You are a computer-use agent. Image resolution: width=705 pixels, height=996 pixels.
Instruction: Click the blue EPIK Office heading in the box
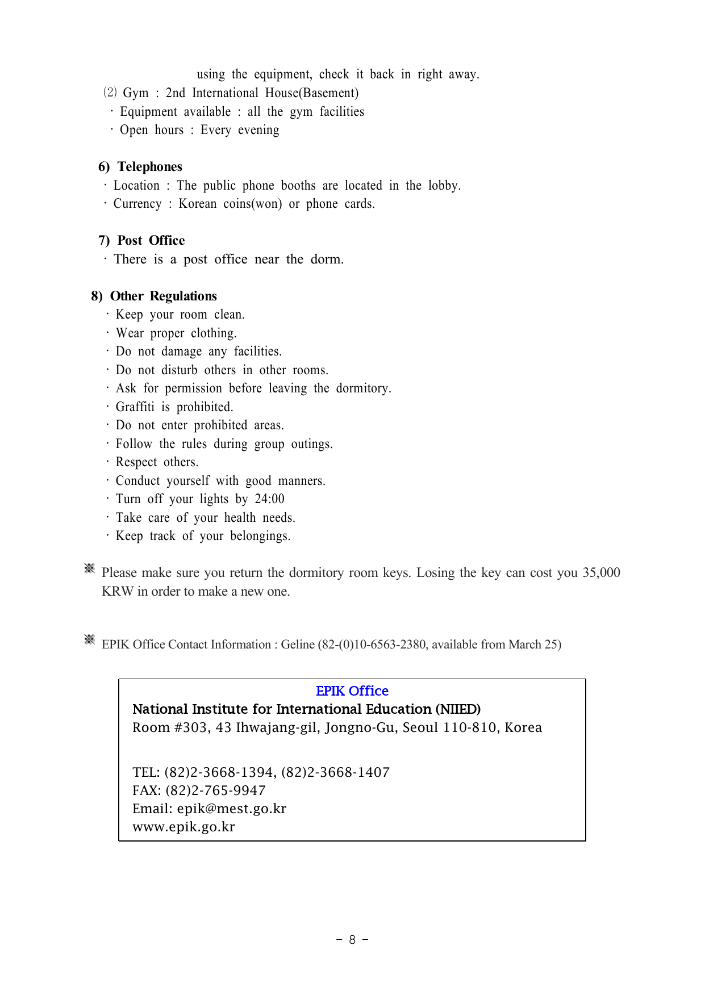[x=352, y=691]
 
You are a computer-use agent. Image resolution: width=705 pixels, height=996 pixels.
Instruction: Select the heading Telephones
[x=149, y=167]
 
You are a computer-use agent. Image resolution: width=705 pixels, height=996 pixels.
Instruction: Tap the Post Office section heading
[x=151, y=241]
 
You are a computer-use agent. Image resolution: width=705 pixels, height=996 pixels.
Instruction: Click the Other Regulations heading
[x=163, y=296]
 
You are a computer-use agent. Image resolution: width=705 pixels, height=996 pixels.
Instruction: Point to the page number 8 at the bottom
[x=352, y=940]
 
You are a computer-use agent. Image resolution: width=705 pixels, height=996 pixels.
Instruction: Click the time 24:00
[x=269, y=499]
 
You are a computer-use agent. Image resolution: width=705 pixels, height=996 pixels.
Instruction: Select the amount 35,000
[x=601, y=572]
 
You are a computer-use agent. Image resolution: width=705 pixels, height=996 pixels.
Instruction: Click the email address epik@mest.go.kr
[x=231, y=809]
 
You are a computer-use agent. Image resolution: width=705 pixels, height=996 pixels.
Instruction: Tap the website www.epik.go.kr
[x=183, y=827]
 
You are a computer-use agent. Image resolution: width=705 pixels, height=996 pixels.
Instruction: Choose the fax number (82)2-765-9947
[x=215, y=790]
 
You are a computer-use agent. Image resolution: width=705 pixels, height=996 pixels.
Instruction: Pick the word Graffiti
[x=135, y=407]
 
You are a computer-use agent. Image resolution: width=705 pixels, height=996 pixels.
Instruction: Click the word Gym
[x=135, y=93]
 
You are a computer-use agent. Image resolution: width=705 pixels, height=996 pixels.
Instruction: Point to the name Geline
[x=298, y=645]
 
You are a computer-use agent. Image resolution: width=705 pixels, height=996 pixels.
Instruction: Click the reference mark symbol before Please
[x=89, y=568]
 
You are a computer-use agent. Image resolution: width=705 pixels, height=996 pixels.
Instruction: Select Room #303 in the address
[x=169, y=728]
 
